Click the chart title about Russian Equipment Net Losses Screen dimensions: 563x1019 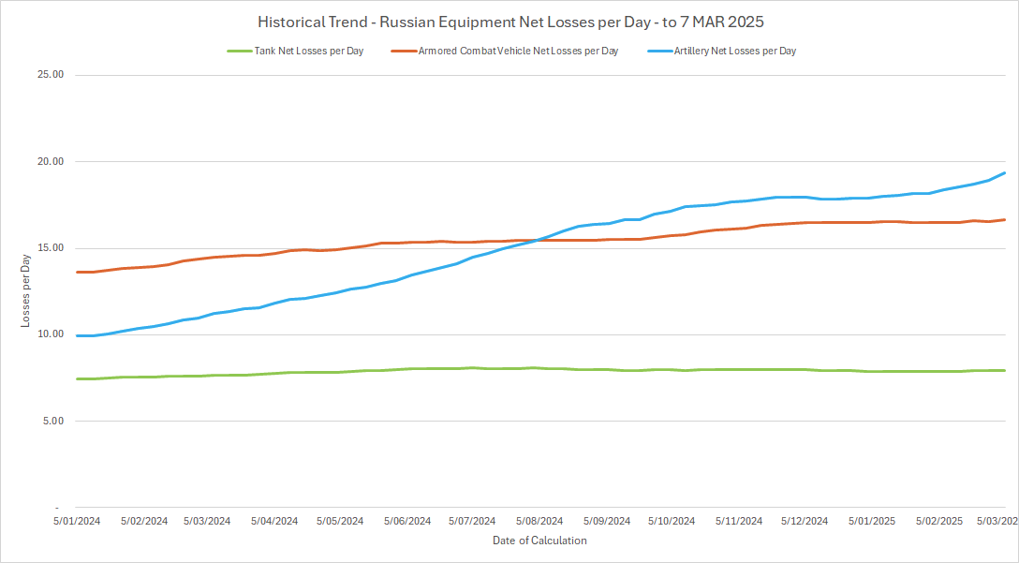click(x=510, y=22)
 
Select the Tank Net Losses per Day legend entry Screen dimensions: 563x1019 click(x=308, y=51)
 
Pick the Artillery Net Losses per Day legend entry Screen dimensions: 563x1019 click(x=734, y=51)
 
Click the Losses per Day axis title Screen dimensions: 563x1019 click(x=26, y=291)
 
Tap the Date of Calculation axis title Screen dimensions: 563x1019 click(x=539, y=541)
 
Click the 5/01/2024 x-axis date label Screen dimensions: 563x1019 click(x=76, y=521)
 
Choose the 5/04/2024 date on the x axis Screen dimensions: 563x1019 click(x=273, y=521)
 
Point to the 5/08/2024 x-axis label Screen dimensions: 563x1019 click(x=539, y=521)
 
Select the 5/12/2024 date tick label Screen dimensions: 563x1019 click(x=805, y=521)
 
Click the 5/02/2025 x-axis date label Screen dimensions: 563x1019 click(x=938, y=521)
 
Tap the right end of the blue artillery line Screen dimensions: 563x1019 click(x=1005, y=172)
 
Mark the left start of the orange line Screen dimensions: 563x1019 click(x=77, y=272)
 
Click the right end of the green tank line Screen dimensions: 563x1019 click(x=1005, y=370)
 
